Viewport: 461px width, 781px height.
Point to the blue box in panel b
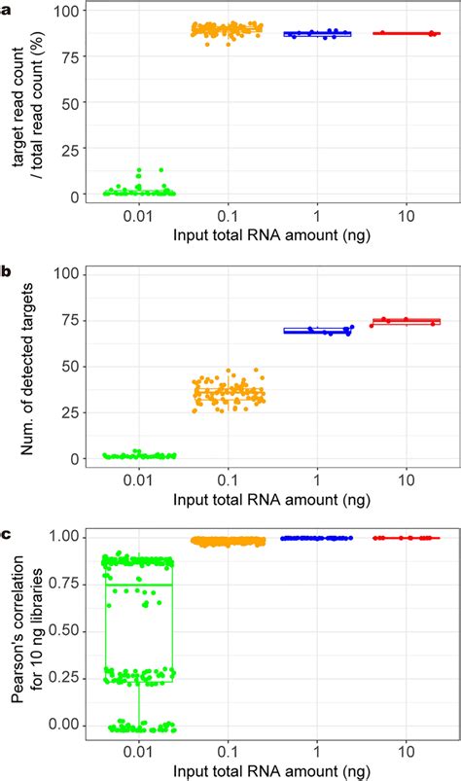point(317,331)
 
